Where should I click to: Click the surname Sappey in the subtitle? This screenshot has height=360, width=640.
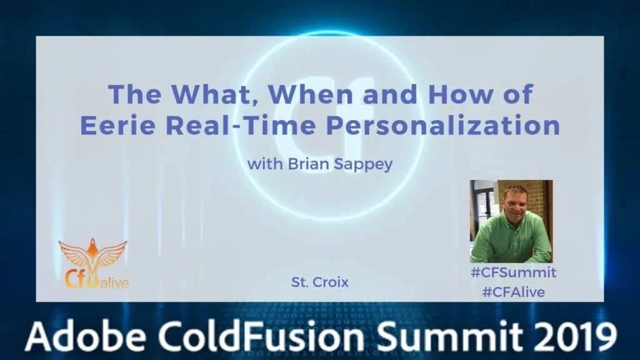click(363, 164)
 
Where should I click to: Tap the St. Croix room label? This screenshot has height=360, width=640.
click(319, 282)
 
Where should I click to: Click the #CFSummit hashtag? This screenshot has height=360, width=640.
click(513, 272)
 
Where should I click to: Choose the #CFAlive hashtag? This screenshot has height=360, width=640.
click(514, 292)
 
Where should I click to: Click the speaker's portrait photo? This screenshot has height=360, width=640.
click(511, 221)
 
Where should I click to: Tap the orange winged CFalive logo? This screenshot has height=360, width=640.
click(94, 264)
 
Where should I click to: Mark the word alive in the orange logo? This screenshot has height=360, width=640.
click(115, 282)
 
